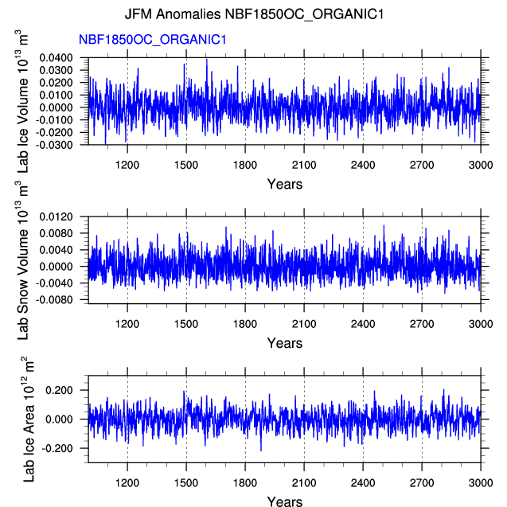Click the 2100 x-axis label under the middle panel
[x=304, y=324]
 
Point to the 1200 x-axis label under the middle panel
[x=127, y=324]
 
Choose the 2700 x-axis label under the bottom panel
[x=422, y=483]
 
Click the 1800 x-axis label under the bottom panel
[x=245, y=483]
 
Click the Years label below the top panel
[x=284, y=185]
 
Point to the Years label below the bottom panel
[x=284, y=501]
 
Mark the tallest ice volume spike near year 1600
[x=207, y=59]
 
